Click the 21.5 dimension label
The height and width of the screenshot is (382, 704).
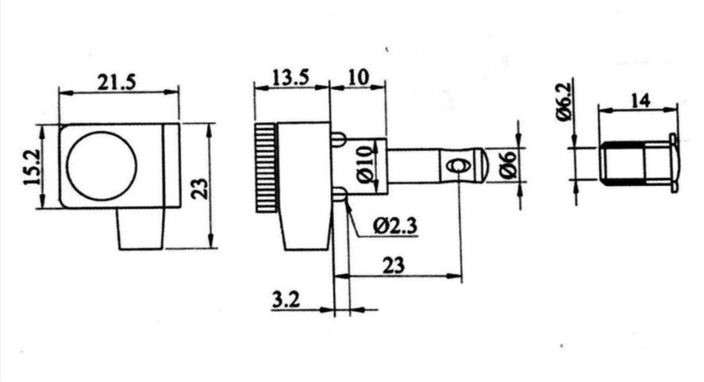117,82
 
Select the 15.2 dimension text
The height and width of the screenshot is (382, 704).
32,167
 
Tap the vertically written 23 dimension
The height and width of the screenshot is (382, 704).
200,189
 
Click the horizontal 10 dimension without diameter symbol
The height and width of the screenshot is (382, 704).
358,77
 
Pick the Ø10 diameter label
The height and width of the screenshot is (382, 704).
367,164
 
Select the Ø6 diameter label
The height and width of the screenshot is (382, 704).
508,165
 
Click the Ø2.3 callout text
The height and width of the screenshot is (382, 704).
395,226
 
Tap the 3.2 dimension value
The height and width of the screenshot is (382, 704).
286,299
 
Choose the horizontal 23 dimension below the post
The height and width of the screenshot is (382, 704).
394,265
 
